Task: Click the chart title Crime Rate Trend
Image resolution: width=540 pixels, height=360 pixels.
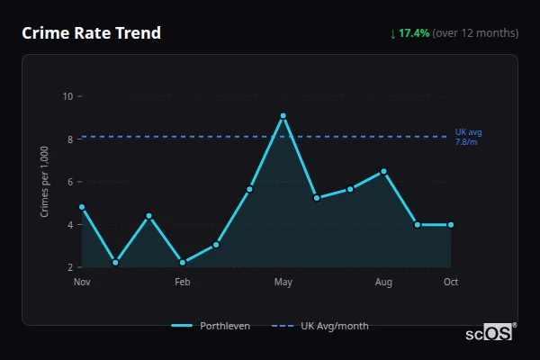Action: click(92, 33)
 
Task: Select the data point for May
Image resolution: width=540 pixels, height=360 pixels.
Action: click(283, 115)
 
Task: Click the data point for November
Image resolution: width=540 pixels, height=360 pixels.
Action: click(82, 207)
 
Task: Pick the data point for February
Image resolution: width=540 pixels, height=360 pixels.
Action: click(183, 262)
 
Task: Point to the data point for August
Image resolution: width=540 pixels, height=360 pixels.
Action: click(383, 171)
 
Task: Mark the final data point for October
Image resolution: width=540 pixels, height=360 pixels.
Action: click(451, 224)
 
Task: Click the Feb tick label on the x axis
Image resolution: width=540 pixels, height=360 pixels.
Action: click(183, 283)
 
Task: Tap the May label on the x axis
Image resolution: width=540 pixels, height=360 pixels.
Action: click(283, 283)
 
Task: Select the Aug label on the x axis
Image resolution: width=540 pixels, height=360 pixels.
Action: click(383, 283)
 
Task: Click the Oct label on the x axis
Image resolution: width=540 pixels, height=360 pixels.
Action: click(451, 283)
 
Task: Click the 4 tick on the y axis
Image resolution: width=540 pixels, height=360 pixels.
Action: click(70, 225)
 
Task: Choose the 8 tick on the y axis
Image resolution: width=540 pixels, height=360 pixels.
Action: click(70, 139)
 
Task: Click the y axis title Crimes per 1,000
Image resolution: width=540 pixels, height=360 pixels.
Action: click(44, 181)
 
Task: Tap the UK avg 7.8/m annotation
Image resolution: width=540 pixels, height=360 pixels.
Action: click(468, 137)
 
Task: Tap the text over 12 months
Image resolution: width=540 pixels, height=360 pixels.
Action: click(475, 33)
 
